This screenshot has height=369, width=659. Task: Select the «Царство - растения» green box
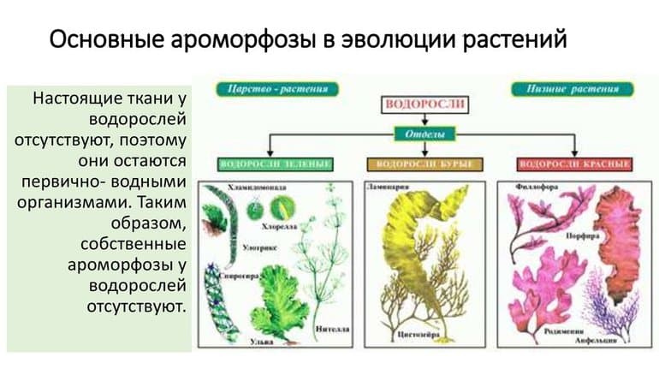(271, 89)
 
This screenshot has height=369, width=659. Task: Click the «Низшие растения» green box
(571, 89)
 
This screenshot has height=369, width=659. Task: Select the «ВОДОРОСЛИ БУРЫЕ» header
(424, 163)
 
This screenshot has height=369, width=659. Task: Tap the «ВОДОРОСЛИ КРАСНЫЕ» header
(575, 163)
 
